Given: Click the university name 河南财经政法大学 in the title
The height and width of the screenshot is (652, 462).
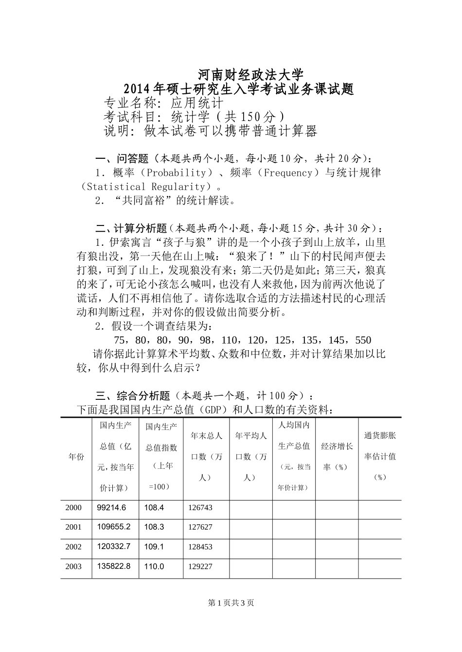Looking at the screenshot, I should point(251,74).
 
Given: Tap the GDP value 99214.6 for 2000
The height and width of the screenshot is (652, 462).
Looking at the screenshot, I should point(111,508).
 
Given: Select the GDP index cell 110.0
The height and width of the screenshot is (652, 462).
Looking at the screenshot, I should point(154,566).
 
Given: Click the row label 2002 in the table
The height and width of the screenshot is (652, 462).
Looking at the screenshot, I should point(73,547).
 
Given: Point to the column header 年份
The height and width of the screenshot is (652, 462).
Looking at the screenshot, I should point(76,457).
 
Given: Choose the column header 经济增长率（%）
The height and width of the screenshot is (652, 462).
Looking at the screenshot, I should point(337,456).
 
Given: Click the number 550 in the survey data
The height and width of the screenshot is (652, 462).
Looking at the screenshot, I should point(363,340).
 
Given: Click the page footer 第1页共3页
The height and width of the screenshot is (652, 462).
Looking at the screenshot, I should point(231,603).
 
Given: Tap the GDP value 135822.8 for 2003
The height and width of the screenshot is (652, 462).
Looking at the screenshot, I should point(114,566).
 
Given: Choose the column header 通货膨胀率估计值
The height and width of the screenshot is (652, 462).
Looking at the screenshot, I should point(380,456).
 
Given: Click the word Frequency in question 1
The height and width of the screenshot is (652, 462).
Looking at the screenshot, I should point(287,172).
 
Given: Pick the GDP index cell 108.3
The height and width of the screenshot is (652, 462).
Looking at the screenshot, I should point(154,527).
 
